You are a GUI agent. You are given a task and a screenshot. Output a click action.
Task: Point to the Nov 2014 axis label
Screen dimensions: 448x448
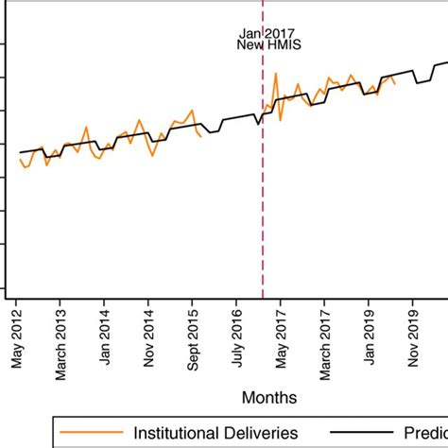pyautogui.click(x=148, y=340)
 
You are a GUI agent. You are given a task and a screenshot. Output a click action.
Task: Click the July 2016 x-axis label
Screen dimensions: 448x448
pyautogui.click(x=237, y=339)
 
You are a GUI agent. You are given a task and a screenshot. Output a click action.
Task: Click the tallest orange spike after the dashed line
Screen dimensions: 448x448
pyautogui.click(x=273, y=74)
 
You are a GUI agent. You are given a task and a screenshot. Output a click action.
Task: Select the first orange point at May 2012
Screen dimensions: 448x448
pyautogui.click(x=19, y=159)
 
